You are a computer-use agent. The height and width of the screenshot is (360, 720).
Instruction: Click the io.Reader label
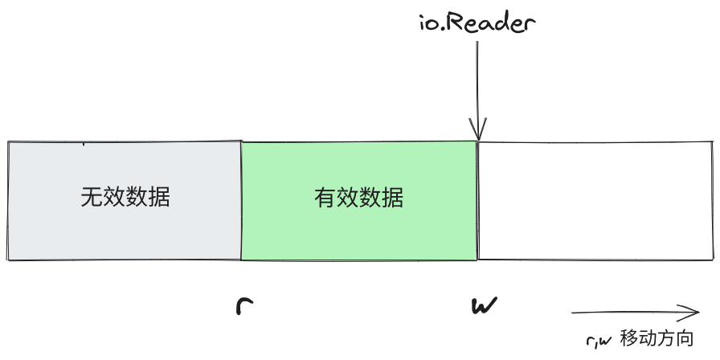[x=477, y=22]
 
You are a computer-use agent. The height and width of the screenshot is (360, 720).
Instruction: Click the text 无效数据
[x=125, y=198]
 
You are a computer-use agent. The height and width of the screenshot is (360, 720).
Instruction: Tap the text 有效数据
[x=359, y=198]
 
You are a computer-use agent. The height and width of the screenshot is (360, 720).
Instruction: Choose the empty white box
[x=595, y=201]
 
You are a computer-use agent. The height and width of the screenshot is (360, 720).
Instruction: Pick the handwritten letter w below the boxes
[x=483, y=306]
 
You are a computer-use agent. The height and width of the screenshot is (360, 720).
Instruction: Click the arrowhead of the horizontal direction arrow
[x=693, y=313]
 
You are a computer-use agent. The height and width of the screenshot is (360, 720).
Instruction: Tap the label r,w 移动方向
[x=640, y=339]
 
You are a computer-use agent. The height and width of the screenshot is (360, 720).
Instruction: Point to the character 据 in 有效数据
[x=393, y=198]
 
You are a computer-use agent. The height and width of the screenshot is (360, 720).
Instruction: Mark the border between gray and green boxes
[x=241, y=201]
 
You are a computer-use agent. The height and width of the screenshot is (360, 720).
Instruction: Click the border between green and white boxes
[x=478, y=201]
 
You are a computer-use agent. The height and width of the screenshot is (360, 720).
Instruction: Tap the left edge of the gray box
[x=8, y=201]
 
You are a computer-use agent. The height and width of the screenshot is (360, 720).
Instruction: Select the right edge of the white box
[x=713, y=201]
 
